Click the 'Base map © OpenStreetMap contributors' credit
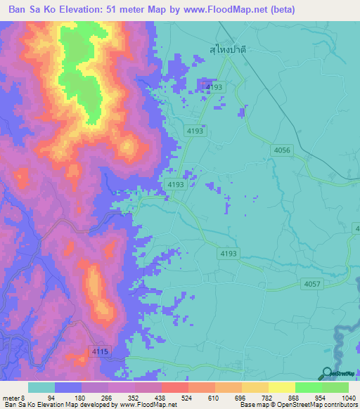tap(297, 405)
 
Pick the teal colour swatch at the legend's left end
tap(41, 388)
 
